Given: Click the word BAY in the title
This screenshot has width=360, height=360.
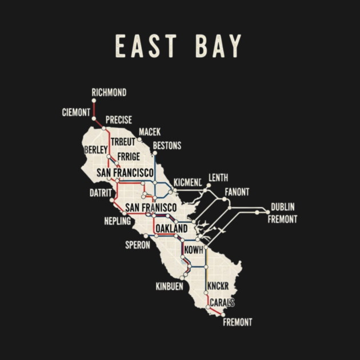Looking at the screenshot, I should coord(218,47).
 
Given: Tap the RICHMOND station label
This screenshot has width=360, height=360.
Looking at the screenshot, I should coord(109,93).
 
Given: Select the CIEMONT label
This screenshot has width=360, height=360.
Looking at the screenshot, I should coord(76,112).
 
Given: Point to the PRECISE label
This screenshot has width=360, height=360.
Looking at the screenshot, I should coord(119,120).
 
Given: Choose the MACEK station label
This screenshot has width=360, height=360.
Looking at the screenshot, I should coord(150,132).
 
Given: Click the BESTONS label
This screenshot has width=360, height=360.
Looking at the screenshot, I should coord(167,146).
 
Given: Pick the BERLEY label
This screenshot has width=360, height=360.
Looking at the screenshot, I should coord(95,149).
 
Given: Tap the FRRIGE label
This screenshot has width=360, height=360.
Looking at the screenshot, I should coord(129,157).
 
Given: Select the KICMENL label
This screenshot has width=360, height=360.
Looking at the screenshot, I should coord(187,182).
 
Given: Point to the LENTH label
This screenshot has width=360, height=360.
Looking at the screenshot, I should coord(218,177).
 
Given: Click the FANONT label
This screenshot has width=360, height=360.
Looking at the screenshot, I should coord(237,191).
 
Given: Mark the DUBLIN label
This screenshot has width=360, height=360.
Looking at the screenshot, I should coord(283,207).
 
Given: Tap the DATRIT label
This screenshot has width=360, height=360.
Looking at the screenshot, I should coord(100,193).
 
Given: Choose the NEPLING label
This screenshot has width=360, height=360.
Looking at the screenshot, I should coord(117,221).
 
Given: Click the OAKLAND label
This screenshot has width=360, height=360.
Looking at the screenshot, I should coord(171,229).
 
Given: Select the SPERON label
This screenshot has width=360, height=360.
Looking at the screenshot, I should coord(138,245).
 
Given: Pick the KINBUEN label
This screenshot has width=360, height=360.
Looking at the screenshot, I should coord(169,286).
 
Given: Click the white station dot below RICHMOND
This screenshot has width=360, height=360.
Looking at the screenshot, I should coord(94,101).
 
